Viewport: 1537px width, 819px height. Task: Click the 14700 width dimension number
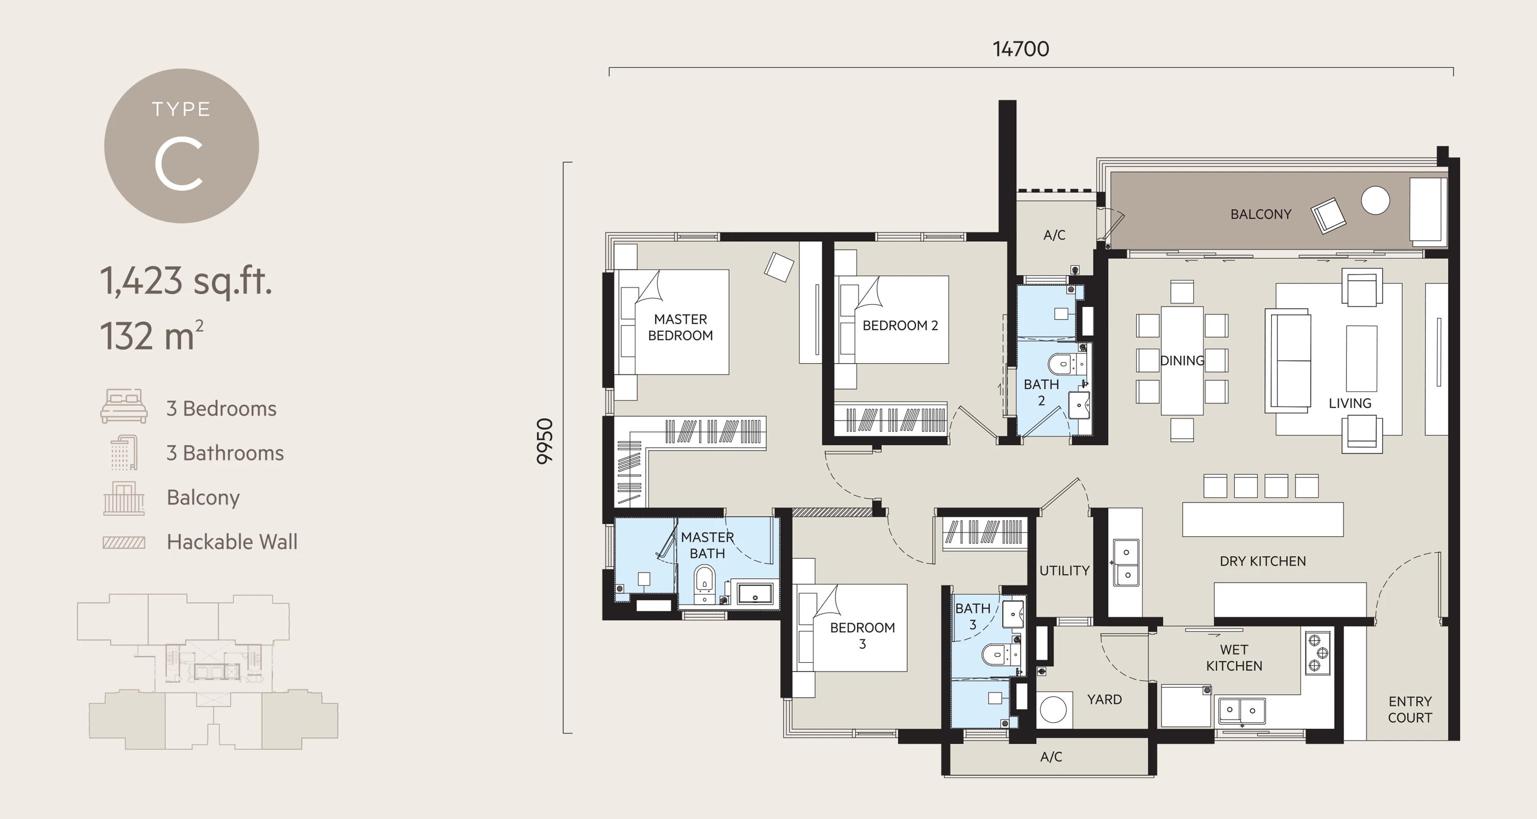point(1020,49)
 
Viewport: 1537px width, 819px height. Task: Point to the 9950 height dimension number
point(545,441)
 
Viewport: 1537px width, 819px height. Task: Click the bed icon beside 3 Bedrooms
point(123,406)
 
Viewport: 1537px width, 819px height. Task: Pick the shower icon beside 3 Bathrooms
point(124,452)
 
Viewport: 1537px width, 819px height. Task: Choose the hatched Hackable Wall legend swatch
point(123,542)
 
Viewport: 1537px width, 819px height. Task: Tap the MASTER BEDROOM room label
point(680,327)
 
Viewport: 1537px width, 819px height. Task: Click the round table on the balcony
point(1375,200)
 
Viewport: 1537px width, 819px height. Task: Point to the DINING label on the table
point(1181,360)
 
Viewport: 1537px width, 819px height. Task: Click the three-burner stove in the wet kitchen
point(1317,653)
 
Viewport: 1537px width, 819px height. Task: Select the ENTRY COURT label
point(1409,709)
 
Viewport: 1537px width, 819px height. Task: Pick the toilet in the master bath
point(704,579)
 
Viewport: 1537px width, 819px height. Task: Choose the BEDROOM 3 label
point(862,635)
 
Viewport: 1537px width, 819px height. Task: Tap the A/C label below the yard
point(1051,757)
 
